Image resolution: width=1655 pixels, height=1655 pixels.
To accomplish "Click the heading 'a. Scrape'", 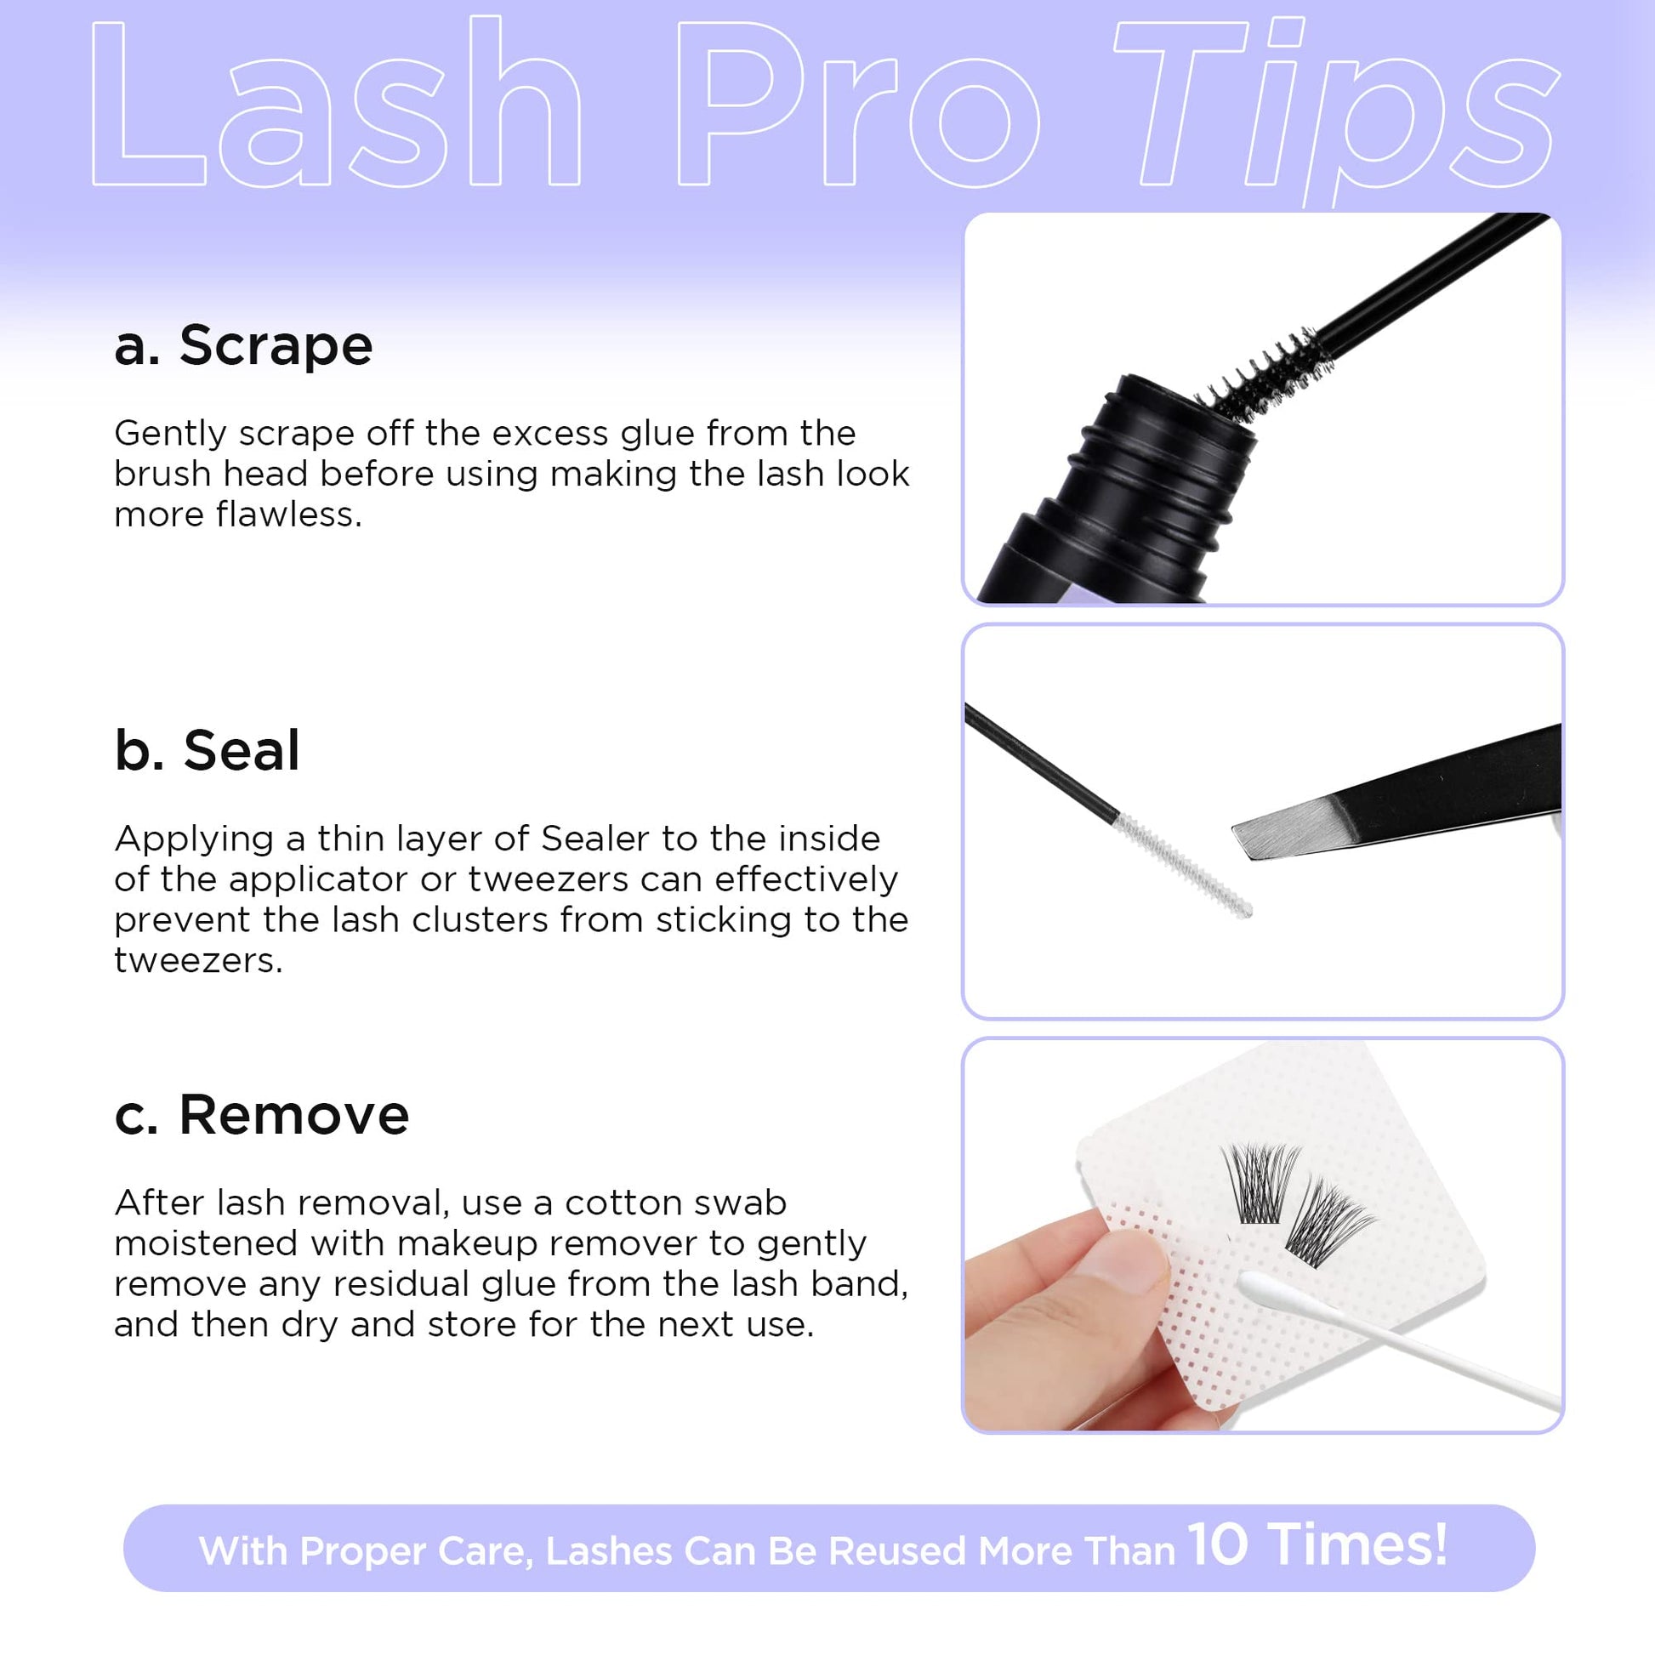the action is click(243, 345).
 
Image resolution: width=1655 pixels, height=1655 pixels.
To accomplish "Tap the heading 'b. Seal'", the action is click(208, 750).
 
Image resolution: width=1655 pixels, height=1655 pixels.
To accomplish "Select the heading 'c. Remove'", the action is click(261, 1114).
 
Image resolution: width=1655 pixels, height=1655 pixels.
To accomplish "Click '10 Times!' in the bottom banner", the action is click(1317, 1544).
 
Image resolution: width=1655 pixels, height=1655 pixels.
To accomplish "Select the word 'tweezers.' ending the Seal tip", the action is click(198, 960).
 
